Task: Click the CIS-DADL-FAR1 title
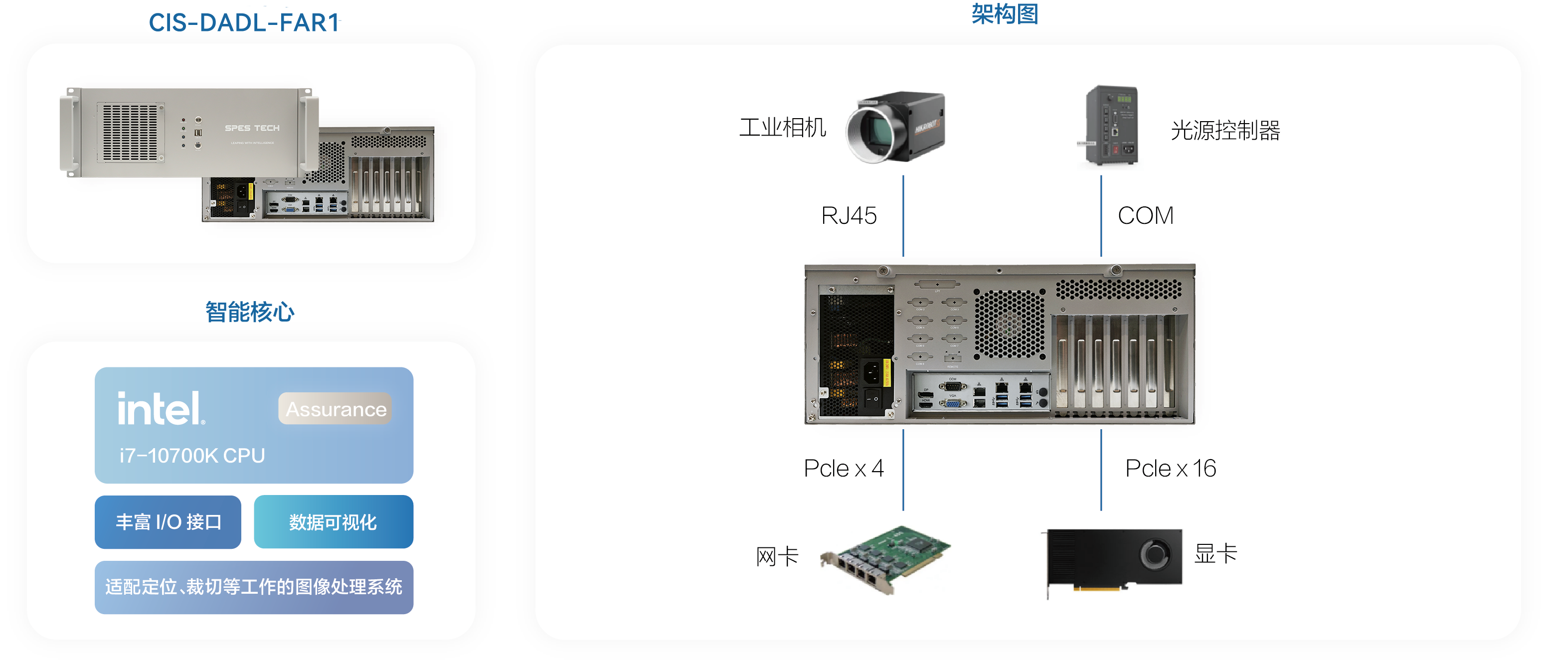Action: (x=244, y=23)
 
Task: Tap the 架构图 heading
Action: (x=1004, y=14)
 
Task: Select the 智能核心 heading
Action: (x=250, y=312)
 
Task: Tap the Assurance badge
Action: (x=336, y=409)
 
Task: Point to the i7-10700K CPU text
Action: (x=192, y=456)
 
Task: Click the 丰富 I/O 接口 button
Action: (x=169, y=521)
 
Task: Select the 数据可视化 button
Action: (x=333, y=521)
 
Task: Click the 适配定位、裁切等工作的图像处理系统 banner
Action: (x=254, y=586)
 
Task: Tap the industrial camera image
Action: (x=895, y=128)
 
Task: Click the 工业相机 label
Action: (x=782, y=128)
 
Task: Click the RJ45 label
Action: (x=849, y=215)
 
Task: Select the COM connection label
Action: (x=1145, y=215)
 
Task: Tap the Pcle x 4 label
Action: (x=844, y=468)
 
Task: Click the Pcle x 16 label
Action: (x=1171, y=468)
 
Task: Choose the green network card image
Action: (x=884, y=558)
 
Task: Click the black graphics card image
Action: (x=1114, y=558)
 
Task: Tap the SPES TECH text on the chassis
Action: (x=252, y=128)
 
